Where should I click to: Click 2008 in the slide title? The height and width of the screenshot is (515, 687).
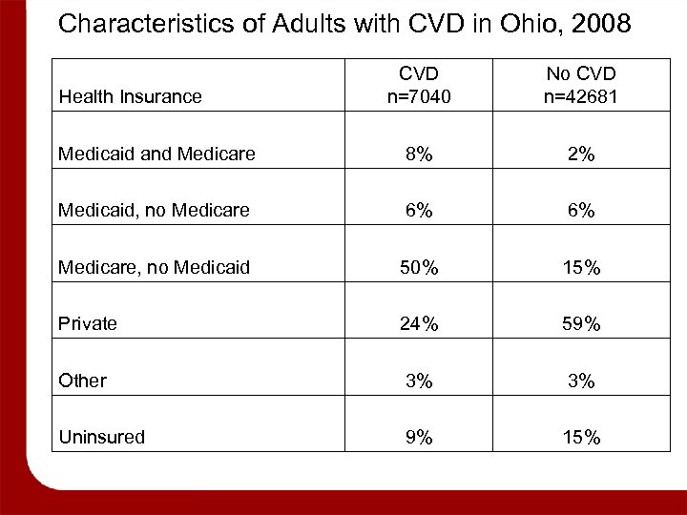click(598, 24)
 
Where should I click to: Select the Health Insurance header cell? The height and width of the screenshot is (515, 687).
click(131, 96)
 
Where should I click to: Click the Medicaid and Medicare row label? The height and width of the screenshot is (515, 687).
click(156, 154)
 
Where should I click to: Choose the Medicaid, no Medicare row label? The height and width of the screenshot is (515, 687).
click(156, 211)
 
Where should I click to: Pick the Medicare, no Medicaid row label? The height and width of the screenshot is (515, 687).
click(155, 267)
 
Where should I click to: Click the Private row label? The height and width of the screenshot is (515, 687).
click(88, 323)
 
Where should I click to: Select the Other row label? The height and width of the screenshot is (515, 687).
click(83, 381)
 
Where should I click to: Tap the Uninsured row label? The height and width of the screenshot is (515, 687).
click(102, 437)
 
